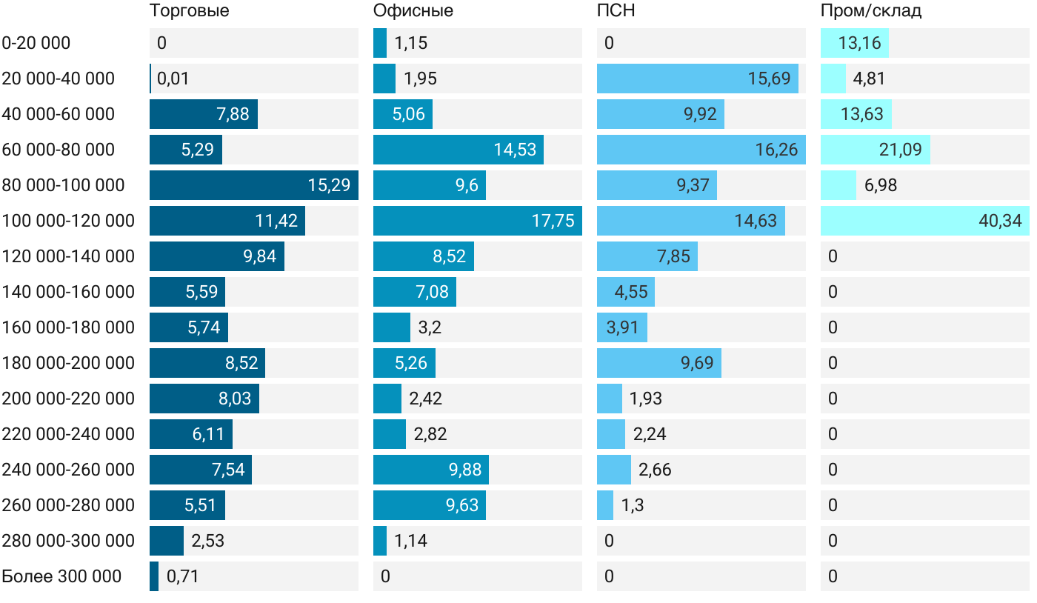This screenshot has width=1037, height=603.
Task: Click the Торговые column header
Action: [x=189, y=11]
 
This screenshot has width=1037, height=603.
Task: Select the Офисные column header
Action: [x=413, y=11]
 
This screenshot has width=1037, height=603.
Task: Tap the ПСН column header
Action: [x=616, y=11]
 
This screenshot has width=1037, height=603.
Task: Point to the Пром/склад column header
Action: [x=870, y=11]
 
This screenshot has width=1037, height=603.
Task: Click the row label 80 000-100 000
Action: [x=64, y=185]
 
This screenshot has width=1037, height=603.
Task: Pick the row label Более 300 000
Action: [x=61, y=576]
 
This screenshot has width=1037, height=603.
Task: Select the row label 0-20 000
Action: [x=36, y=43]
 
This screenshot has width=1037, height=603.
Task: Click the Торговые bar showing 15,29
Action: [x=253, y=185]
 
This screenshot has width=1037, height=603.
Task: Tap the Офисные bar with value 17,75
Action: [x=477, y=221]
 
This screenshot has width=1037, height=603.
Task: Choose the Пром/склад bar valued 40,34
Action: [x=924, y=221]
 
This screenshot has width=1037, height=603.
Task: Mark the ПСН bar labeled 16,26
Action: [x=701, y=150]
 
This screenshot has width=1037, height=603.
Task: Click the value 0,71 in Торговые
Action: [x=183, y=576]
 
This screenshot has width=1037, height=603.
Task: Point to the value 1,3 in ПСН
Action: [x=633, y=505]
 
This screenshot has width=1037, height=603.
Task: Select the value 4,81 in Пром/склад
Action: [x=869, y=79]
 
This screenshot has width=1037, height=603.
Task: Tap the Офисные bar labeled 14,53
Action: [x=458, y=150]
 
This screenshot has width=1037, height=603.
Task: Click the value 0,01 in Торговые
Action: [x=173, y=79]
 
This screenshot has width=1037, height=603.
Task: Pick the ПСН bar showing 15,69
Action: [x=697, y=79]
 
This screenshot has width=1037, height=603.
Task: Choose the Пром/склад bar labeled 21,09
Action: [x=875, y=150]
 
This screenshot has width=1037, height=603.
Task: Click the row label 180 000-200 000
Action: [x=68, y=363]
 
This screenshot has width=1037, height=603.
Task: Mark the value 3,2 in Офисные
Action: [x=430, y=327]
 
